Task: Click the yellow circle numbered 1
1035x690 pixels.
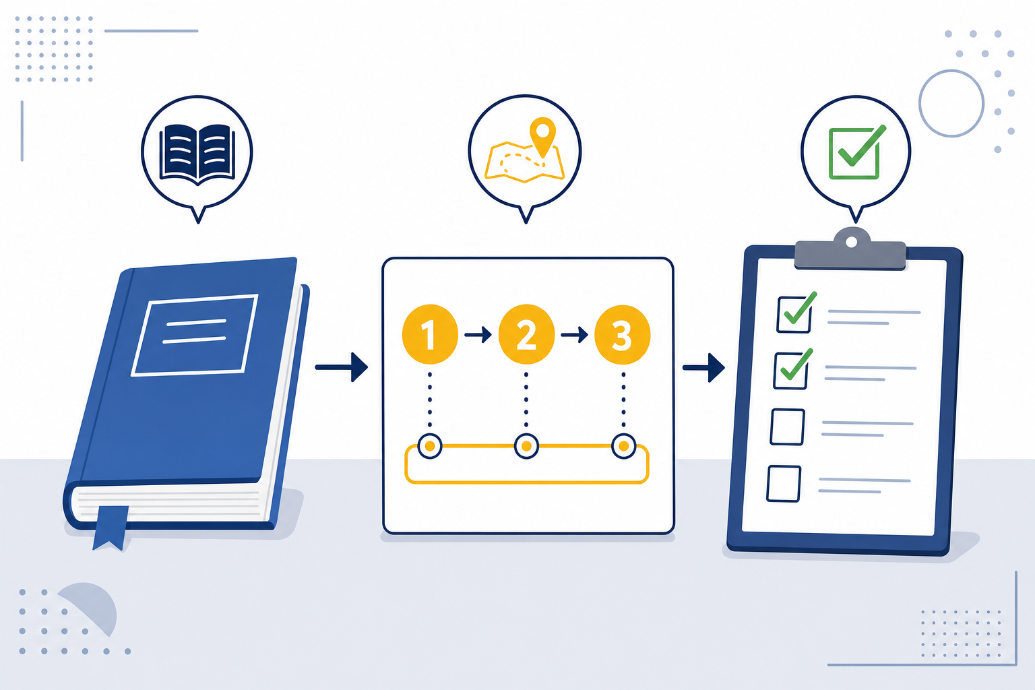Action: point(430,334)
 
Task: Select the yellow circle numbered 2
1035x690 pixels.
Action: point(526,334)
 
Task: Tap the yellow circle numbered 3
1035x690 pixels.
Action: point(623,335)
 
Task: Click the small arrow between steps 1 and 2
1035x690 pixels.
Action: point(478,334)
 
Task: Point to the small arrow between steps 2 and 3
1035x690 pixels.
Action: point(574,334)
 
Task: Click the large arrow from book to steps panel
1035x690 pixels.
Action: point(342,367)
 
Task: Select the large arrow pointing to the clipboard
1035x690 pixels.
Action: point(703,368)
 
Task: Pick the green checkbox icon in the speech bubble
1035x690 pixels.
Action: point(857,152)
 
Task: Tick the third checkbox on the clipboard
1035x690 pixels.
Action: point(787,427)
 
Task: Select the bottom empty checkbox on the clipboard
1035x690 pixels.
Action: point(784,483)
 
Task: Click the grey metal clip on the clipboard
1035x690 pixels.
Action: point(850,249)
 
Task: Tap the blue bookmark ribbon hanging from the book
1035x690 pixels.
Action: point(111,528)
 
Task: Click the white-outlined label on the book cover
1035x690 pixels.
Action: point(195,335)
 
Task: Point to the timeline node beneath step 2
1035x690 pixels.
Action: point(526,446)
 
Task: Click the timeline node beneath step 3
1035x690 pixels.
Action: point(623,446)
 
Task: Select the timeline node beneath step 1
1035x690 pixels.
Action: point(430,446)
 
